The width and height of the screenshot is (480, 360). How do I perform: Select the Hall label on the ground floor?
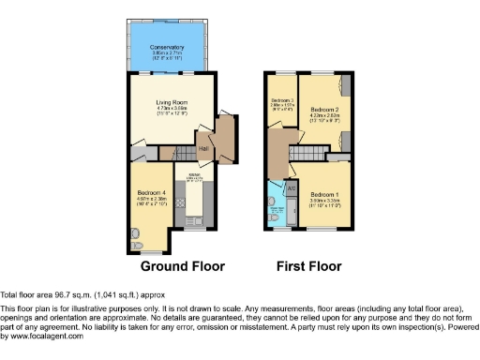tap(202, 147)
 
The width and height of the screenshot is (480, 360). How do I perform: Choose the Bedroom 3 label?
tap(282, 100)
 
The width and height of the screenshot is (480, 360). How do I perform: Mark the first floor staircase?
tap(303, 153)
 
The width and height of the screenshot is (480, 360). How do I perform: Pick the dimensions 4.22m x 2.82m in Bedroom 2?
tap(323, 116)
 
